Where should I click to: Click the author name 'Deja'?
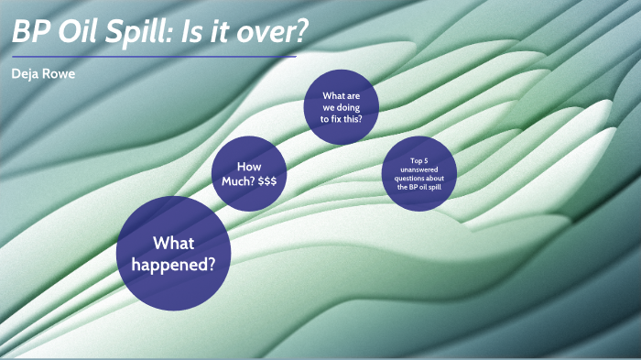pos(27,73)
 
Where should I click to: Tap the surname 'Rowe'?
pos(60,73)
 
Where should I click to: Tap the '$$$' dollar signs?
pos(267,181)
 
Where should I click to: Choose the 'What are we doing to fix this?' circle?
pos(342,107)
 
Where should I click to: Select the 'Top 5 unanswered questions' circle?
pos(419,174)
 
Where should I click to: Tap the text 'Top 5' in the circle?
pos(419,160)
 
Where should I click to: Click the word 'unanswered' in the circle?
pos(419,169)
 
